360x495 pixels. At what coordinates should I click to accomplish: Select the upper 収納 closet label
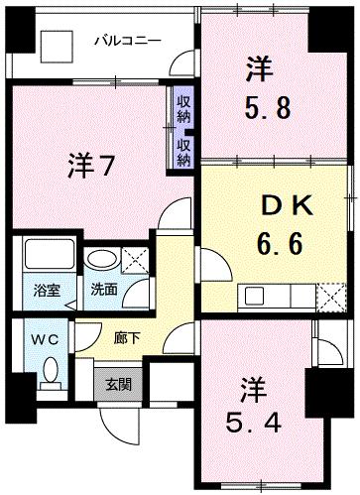(184, 105)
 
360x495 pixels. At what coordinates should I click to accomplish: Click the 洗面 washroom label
(103, 292)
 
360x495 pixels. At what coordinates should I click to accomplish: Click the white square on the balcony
(55, 45)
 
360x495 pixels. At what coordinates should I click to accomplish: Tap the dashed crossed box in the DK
(331, 295)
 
